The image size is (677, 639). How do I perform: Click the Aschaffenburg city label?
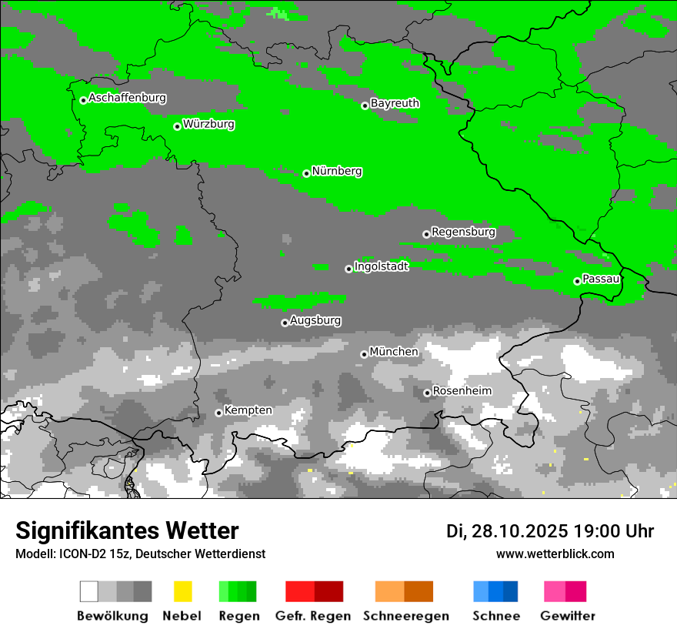coord(127,98)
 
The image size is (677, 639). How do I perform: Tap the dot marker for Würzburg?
coord(177,126)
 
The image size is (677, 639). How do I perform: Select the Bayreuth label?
coord(395,102)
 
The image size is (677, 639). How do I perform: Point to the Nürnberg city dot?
coord(306,173)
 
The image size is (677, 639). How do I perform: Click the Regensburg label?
coord(463,231)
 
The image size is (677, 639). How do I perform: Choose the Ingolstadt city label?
coord(381,266)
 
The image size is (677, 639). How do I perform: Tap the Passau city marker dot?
coord(577,281)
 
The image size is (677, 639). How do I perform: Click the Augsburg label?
coord(315,319)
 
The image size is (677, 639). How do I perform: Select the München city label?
coord(394,351)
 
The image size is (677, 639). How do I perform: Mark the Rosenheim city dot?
coord(427,393)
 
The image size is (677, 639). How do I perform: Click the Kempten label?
coord(248,410)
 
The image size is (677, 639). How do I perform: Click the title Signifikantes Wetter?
coord(127,530)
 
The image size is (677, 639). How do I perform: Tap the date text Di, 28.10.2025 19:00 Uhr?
coord(550,531)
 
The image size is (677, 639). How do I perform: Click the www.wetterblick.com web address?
coord(555,554)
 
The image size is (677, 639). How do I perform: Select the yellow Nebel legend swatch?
coord(182,591)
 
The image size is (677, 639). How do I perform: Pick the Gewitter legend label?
coord(567,616)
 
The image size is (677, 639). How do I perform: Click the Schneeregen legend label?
coord(405,616)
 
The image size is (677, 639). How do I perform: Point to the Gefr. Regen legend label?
coord(312,616)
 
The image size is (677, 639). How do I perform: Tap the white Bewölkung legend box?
coord(89,591)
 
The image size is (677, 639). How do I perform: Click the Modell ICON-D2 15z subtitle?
coord(140,554)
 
